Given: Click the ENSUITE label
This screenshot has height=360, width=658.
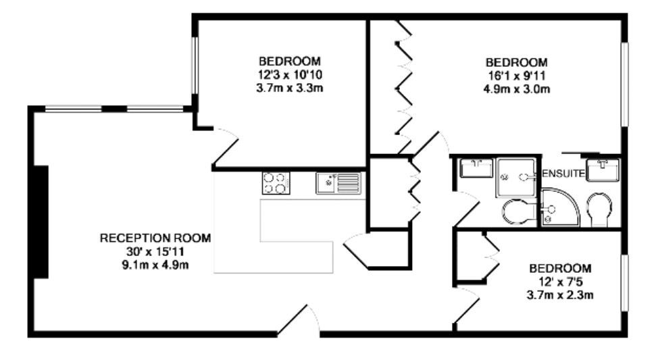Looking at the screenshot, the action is tap(563, 174).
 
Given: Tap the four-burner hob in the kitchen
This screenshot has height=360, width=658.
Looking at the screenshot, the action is tap(276, 183).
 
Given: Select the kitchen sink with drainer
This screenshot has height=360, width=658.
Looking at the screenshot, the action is tap(338, 183).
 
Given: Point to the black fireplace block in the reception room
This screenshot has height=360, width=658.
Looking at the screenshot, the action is tap(41, 222).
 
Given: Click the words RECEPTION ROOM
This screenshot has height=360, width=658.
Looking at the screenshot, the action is tap(155, 238).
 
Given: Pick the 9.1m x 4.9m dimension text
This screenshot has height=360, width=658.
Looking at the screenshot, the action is tap(155, 265).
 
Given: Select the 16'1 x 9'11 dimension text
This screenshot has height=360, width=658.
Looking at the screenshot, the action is tap(517, 76).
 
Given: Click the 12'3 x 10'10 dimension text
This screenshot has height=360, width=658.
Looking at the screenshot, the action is tap(290, 75).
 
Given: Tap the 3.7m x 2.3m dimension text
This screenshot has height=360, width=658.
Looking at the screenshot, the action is tap(560, 295).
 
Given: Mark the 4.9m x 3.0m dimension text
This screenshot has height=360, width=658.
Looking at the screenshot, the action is tap(517, 89).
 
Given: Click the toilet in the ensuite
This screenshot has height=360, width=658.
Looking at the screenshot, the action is tap(599, 210).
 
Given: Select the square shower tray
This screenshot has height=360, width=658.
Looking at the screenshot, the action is tap(516, 177).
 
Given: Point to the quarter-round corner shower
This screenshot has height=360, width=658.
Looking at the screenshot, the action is tap(560, 208).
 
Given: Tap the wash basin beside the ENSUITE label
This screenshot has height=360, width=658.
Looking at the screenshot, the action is tap(602, 170).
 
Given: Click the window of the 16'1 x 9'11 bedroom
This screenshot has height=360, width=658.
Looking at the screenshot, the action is tap(624, 84).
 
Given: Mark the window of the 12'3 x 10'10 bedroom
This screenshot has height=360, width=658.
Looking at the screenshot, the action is tap(195, 66).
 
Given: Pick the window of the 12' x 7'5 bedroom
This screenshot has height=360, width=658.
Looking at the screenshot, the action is tap(624, 282).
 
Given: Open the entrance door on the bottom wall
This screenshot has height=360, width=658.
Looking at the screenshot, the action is tap(298, 322).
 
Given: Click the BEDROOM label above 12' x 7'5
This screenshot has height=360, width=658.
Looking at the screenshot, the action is tap(560, 268).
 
